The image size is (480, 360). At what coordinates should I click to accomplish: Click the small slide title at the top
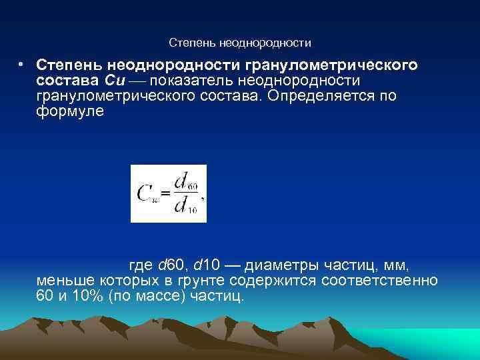pyautogui.click(x=240, y=43)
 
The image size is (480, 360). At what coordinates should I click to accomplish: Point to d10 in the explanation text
pyautogui.click(x=209, y=265)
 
